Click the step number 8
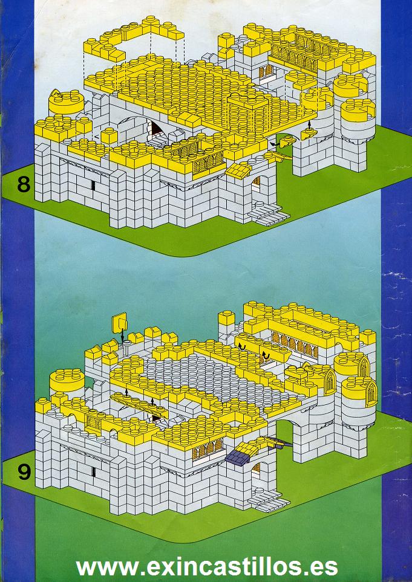point(24,184)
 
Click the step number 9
point(24,471)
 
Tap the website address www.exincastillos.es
point(206,566)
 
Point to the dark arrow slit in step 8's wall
point(93,185)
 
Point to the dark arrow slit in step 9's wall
point(93,471)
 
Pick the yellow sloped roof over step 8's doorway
point(238,170)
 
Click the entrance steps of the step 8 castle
point(268,216)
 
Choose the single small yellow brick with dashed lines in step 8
point(110,135)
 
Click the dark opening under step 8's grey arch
point(155,130)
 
